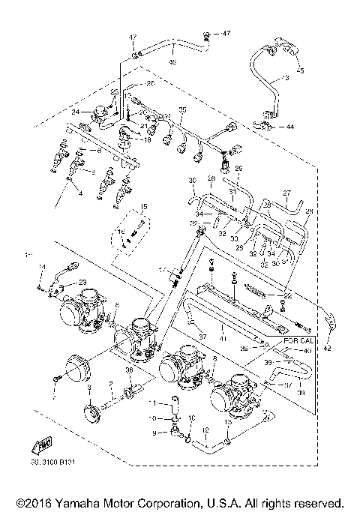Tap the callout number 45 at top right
click(301, 72)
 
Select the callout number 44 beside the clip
click(289, 127)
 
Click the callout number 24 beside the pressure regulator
click(75, 112)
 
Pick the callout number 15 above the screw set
click(143, 206)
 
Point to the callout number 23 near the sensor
click(82, 282)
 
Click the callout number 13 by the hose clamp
click(228, 422)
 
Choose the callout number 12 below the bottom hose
click(205, 430)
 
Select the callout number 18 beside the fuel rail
click(147, 139)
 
